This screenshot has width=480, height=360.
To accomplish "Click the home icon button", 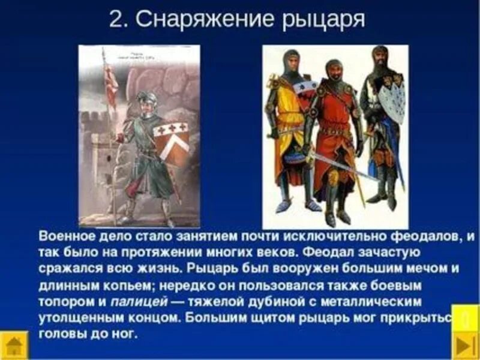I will pyautogui.click(x=14, y=346).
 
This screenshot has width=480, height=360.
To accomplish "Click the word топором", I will pyautogui.click(x=65, y=301).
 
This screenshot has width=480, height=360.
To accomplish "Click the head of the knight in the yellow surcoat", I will pyautogui.click(x=292, y=61).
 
